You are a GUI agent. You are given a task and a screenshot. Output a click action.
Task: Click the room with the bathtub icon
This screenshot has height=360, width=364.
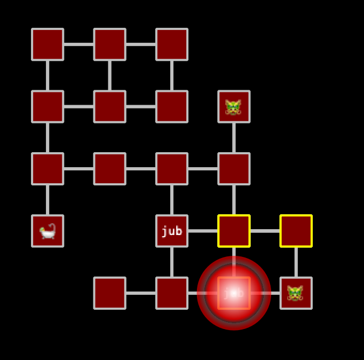point(48,231)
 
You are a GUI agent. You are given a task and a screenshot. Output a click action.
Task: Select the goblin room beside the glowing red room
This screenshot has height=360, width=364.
point(296,293)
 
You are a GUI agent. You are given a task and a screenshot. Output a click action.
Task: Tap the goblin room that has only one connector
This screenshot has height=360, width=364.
point(234,106)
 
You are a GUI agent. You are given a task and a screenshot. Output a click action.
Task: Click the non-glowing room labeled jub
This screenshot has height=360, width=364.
point(172,231)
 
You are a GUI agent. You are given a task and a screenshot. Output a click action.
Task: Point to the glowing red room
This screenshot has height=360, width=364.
point(234,293)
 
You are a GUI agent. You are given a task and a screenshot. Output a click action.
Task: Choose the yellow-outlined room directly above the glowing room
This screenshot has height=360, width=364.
point(234,231)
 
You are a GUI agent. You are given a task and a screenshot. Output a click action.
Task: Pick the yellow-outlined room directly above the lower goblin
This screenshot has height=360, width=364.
point(296,231)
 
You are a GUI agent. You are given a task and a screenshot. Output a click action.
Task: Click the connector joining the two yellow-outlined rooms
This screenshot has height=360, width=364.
point(265,231)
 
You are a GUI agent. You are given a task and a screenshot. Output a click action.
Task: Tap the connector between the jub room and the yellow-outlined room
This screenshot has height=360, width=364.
point(203,231)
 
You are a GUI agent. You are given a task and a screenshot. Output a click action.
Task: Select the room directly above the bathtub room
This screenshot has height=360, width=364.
point(48,169)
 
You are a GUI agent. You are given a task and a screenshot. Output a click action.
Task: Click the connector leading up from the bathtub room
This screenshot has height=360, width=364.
point(48,200)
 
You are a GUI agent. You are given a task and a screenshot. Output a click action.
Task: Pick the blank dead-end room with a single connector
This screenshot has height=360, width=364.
point(109,293)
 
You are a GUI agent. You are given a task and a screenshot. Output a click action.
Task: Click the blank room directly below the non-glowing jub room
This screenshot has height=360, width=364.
point(172,293)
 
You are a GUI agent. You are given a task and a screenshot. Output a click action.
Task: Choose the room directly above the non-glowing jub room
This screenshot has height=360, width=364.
point(172,169)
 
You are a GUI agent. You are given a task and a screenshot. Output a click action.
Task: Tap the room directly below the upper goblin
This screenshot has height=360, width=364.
point(234,169)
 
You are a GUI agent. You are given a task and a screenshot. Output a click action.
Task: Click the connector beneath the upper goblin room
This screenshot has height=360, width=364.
point(234,137)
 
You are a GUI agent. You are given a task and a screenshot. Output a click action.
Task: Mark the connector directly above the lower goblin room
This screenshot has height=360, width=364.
point(296,262)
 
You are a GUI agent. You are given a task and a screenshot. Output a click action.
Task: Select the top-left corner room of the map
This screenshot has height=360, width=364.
point(48,44)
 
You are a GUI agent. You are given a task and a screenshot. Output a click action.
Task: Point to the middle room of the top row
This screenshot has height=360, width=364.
point(109,44)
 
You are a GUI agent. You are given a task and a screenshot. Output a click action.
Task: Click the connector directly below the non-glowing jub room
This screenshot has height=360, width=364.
point(172,262)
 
